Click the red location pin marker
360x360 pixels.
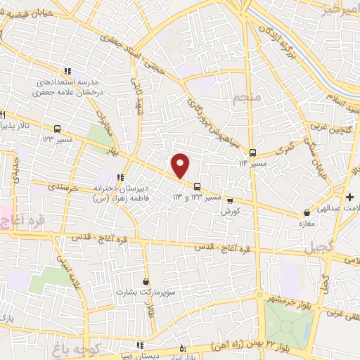[181, 165]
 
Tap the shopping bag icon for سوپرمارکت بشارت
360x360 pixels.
[146, 280]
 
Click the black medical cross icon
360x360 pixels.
[350, 196]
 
